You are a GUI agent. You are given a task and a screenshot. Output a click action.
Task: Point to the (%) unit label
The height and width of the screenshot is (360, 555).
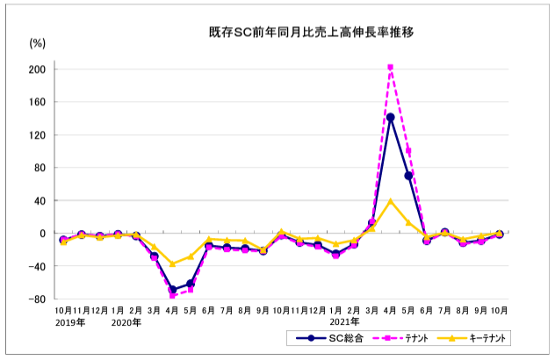click(x=37, y=42)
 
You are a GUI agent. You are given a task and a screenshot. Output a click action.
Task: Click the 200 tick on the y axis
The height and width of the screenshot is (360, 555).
click(x=40, y=68)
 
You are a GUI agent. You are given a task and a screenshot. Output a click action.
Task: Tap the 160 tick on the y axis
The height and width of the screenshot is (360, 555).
click(x=40, y=102)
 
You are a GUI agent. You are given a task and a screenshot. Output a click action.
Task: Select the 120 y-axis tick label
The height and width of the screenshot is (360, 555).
click(x=40, y=134)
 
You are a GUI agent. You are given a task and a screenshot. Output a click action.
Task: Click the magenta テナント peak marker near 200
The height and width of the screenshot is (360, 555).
click(x=390, y=67)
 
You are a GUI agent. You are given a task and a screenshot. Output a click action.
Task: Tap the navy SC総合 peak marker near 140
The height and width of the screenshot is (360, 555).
click(x=390, y=117)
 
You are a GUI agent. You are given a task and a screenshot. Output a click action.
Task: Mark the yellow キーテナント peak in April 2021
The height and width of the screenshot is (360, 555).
click(x=390, y=201)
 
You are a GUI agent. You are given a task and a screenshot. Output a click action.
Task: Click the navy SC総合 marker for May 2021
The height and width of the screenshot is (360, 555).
click(x=408, y=176)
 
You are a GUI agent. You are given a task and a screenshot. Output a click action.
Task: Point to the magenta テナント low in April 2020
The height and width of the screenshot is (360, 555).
click(x=173, y=295)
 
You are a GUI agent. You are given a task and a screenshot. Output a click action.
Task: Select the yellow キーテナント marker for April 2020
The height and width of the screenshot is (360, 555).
click(x=173, y=263)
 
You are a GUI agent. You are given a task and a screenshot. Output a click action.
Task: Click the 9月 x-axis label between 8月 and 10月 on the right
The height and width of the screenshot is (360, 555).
click(x=481, y=310)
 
